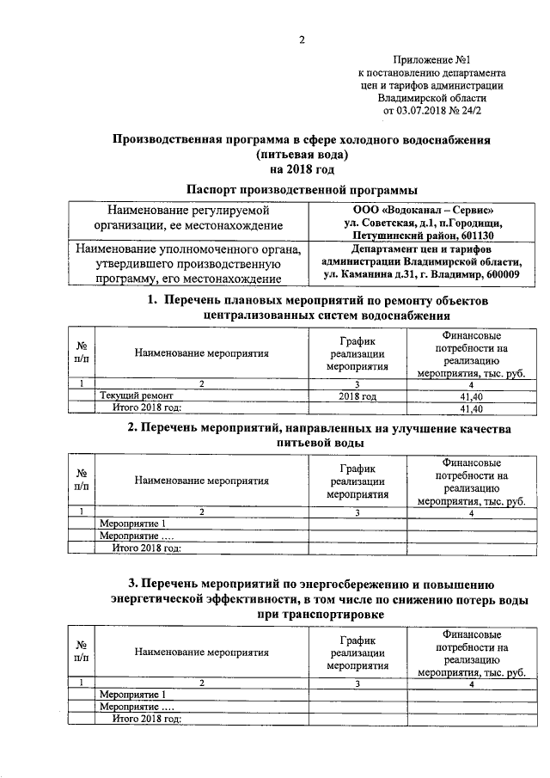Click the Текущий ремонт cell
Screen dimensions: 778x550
tap(128, 395)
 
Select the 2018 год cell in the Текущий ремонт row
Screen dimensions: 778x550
tap(358, 395)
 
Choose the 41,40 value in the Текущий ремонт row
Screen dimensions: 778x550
tap(470, 395)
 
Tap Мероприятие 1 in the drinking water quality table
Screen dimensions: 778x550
tap(131, 524)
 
